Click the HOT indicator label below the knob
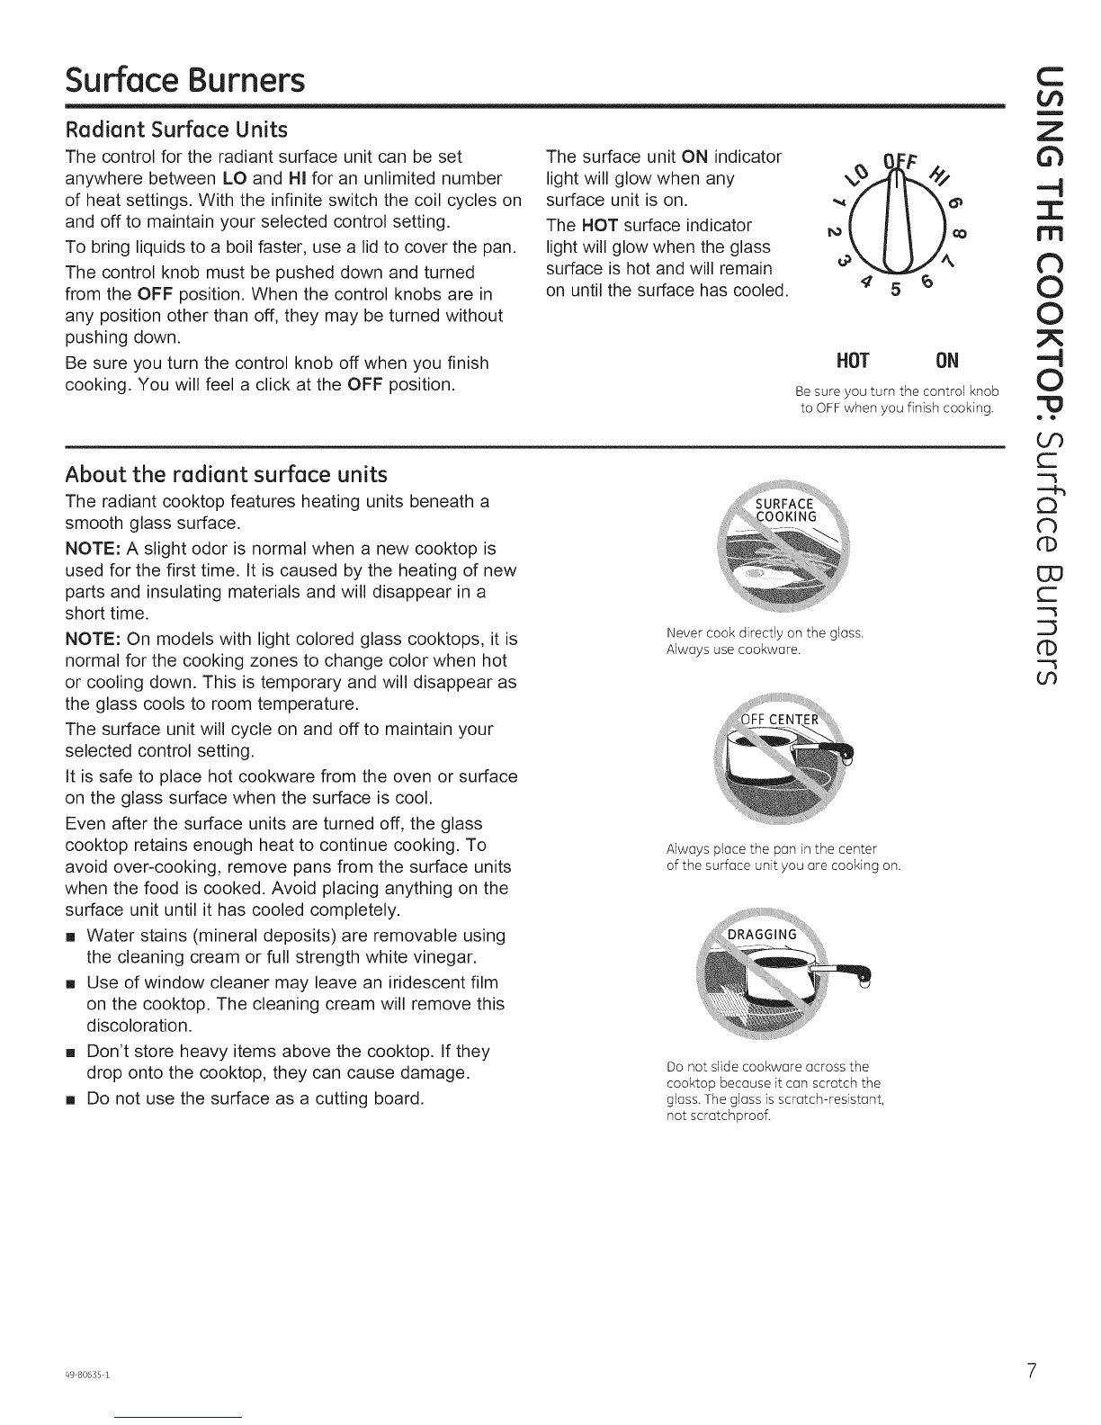tap(851, 361)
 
